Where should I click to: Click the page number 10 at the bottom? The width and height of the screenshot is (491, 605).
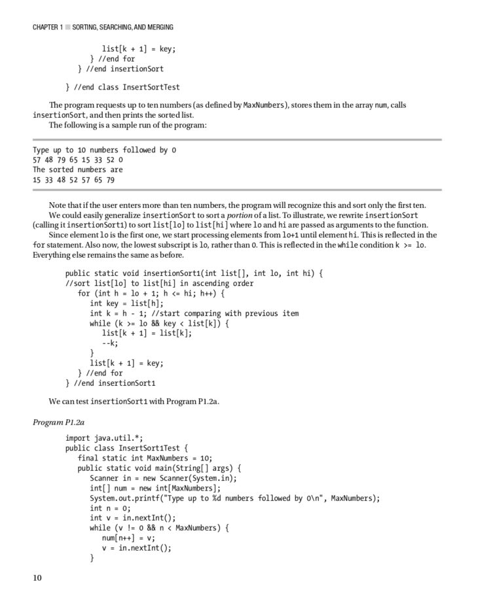37,578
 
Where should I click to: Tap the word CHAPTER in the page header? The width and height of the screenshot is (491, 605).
48,27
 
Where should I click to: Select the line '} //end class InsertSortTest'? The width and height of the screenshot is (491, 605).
122,86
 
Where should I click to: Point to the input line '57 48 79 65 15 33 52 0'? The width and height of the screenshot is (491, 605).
77,160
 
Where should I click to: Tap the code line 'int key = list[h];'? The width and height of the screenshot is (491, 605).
126,303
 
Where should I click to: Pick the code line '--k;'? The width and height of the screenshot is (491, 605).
109,343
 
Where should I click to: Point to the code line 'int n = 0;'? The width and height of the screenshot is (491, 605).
110,508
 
